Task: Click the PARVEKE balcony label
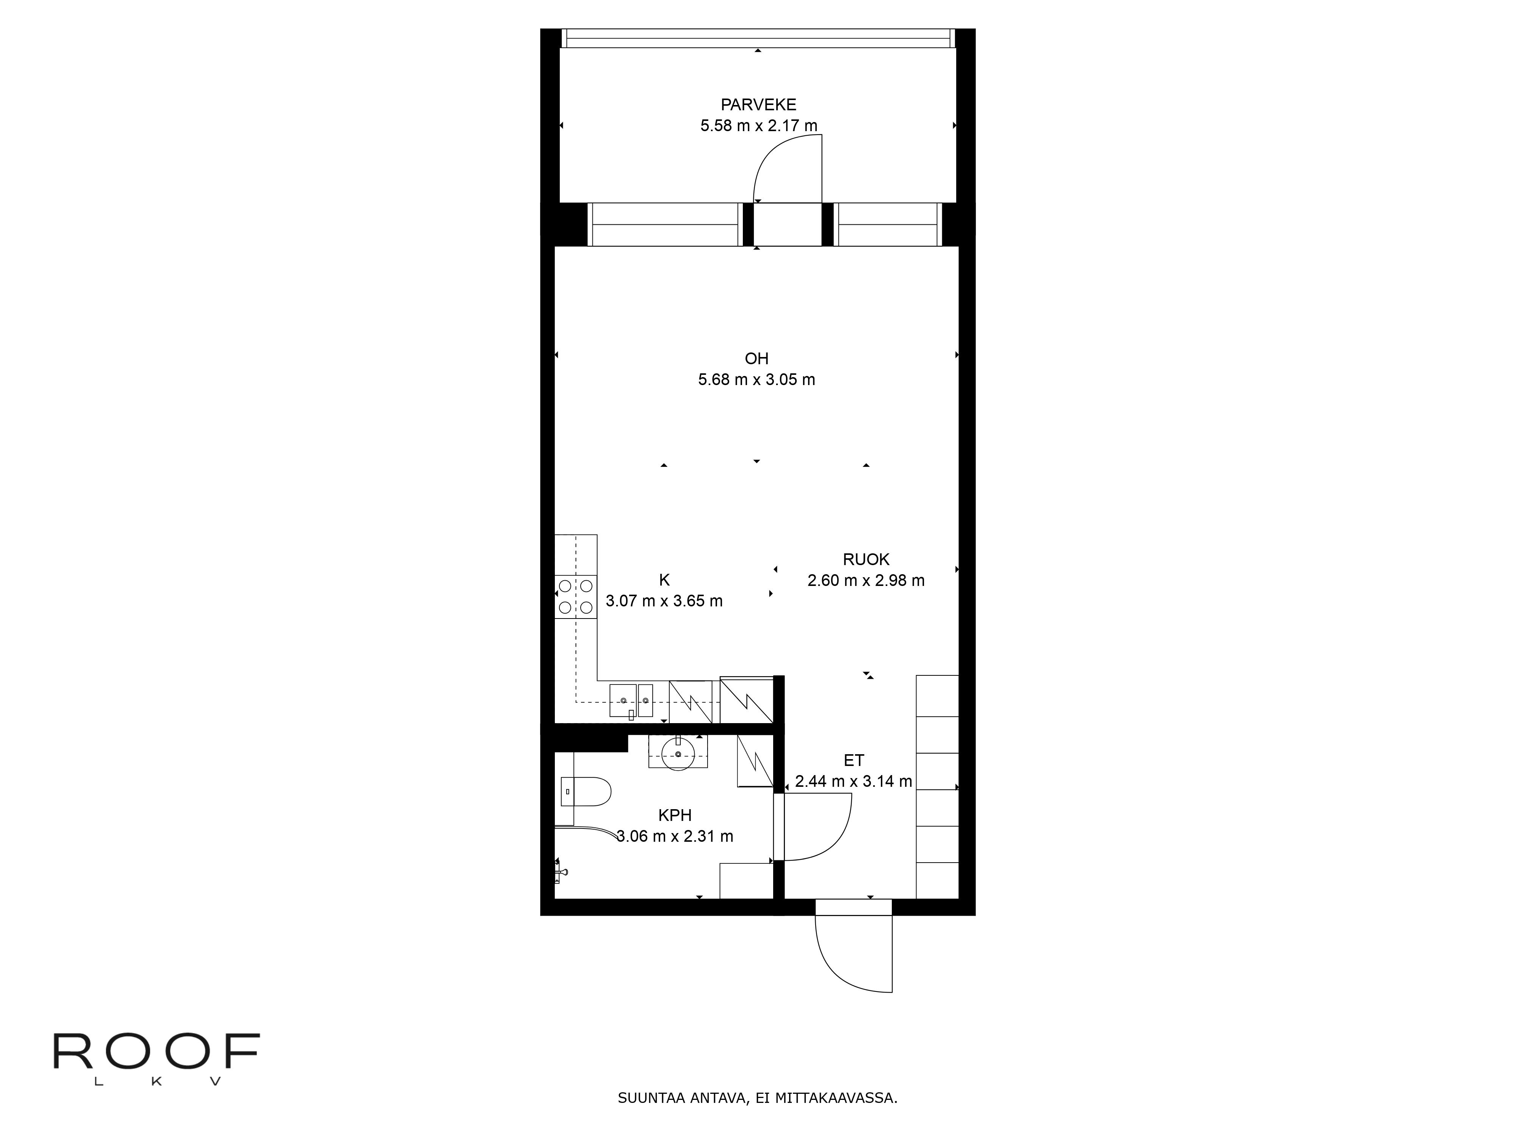758,105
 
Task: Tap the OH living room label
756,359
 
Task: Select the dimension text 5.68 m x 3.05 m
756,380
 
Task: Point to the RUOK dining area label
866,559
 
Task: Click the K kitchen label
664,580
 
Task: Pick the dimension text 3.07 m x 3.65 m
664,601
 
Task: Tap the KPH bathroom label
675,815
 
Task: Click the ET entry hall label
854,760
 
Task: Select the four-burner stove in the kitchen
576,596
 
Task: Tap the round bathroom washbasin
678,754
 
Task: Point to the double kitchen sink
631,700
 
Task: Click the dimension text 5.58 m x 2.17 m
759,126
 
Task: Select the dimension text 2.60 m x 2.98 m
866,581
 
